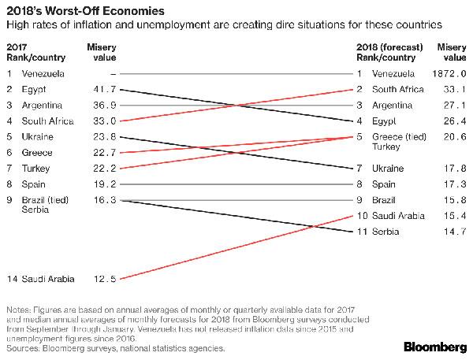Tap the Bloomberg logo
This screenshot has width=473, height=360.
(x=434, y=345)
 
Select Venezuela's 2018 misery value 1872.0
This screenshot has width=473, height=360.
(x=444, y=74)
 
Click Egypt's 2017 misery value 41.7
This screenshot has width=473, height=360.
(x=105, y=90)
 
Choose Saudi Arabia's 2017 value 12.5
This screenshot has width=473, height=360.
(x=105, y=279)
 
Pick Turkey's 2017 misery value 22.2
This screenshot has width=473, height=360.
(x=105, y=169)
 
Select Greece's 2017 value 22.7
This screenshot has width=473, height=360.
(x=105, y=153)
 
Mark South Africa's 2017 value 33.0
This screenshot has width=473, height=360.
(x=105, y=121)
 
